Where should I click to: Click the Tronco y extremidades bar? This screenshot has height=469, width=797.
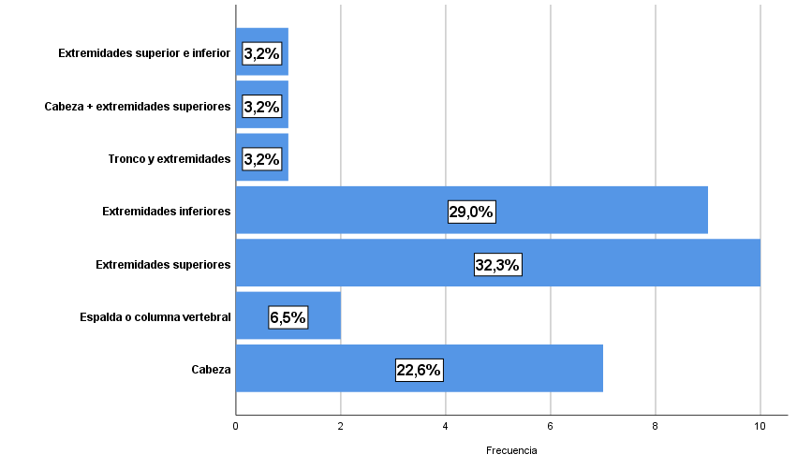(262, 159)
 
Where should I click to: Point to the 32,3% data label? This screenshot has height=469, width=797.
(497, 265)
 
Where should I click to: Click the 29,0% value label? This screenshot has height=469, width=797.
(471, 213)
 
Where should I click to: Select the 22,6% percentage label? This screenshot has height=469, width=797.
(419, 370)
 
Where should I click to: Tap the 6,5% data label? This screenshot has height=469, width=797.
(288, 317)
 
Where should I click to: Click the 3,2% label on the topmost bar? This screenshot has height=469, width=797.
(262, 53)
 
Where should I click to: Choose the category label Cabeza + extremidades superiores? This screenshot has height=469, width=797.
(138, 107)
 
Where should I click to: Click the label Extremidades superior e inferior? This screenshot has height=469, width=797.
(144, 53)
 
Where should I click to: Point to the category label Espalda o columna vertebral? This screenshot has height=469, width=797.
(155, 317)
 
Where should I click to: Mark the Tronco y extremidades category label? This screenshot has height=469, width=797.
(170, 159)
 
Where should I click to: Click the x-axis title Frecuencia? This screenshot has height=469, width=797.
(511, 450)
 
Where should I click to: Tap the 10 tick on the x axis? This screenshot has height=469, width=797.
(760, 427)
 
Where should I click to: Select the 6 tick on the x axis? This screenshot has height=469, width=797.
(551, 427)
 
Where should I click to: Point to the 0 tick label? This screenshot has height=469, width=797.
(236, 427)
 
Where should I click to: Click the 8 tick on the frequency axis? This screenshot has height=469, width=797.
(656, 427)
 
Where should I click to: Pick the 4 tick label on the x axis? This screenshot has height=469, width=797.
(446, 427)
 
